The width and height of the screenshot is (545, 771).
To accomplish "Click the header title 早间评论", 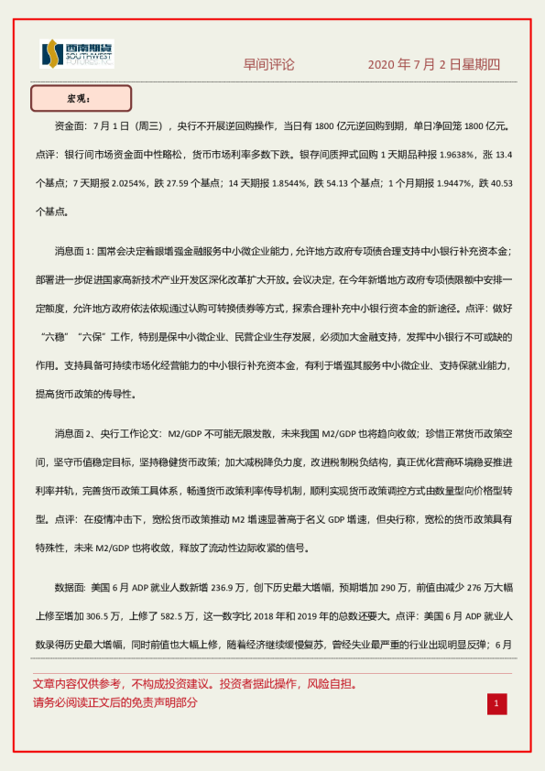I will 268,65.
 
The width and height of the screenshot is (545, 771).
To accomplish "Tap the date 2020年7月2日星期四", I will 434,65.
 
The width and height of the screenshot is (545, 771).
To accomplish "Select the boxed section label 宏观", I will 81,98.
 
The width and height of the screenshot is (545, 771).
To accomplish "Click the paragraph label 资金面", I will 71,126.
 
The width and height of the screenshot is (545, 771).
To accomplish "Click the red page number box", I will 496,703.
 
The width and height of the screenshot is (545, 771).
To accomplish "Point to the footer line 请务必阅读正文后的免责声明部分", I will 115,703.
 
